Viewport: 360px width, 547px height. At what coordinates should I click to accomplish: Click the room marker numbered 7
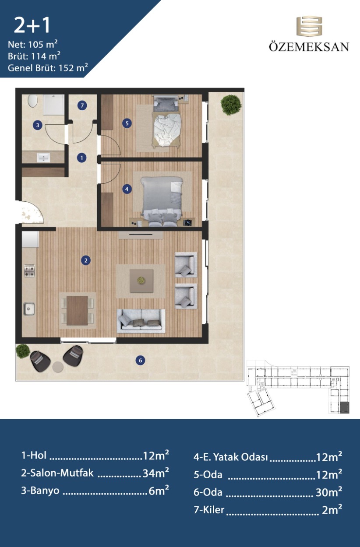[x=82, y=105]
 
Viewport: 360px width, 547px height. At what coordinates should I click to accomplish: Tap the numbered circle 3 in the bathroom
[x=37, y=125]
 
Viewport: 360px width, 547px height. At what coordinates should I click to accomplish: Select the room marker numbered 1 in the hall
[x=81, y=158]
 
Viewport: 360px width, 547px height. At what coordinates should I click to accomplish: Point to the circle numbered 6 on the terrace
[x=140, y=360]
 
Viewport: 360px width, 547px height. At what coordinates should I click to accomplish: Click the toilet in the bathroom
[x=32, y=101]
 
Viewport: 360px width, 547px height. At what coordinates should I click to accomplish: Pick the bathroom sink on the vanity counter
[x=43, y=158]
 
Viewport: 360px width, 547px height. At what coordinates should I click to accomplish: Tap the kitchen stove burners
[x=29, y=271]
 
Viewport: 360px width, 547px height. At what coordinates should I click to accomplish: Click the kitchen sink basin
[x=29, y=309]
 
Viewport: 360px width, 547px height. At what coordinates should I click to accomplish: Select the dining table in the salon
[x=77, y=311]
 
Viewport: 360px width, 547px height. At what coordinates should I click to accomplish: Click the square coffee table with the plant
[x=141, y=281]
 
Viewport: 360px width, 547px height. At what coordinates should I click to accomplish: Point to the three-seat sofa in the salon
[x=141, y=321]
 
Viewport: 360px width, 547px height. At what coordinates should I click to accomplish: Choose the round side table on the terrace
[x=58, y=367]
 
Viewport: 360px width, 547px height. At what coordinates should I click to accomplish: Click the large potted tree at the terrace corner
[x=231, y=105]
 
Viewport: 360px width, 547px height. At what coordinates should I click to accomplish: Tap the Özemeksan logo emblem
[x=309, y=26]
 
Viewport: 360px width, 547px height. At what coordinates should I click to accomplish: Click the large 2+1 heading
[x=32, y=25]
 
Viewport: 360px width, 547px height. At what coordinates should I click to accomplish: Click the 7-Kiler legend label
[x=209, y=510]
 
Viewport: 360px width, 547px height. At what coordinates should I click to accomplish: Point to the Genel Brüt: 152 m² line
[x=48, y=68]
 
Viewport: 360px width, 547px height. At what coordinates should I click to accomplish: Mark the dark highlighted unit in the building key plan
[x=345, y=407]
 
